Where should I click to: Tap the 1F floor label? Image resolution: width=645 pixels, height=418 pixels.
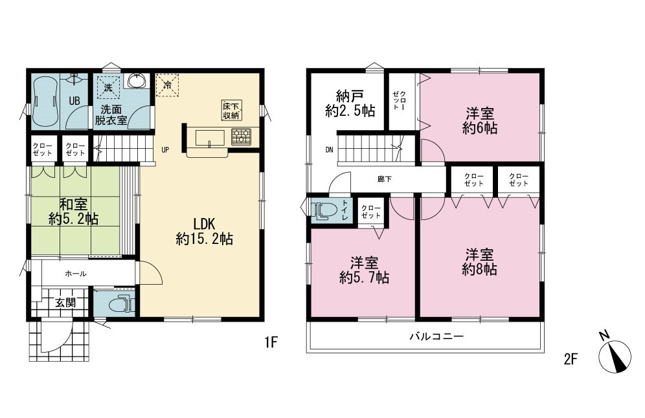coord(271,342)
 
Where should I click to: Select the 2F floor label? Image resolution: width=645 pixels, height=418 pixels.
coord(571,359)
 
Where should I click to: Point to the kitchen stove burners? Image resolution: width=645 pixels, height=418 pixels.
coord(241,137)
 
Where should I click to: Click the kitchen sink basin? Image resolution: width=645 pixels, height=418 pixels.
coord(210,138)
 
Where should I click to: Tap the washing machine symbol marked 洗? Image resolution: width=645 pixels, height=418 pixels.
coord(109,87)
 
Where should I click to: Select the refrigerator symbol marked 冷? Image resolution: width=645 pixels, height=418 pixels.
coord(168,85)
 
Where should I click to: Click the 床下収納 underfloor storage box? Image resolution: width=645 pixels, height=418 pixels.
coord(232,110)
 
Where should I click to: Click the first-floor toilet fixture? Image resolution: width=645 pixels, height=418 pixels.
coord(122,304)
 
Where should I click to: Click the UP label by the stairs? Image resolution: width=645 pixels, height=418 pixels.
coord(165,150)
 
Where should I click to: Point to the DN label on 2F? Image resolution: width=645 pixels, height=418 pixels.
coord(329,150)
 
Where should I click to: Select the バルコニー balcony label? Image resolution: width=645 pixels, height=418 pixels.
coord(436,336)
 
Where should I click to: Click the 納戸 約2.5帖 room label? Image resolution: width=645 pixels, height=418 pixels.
coord(350,104)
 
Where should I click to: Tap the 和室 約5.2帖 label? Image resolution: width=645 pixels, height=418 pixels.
coord(74,212)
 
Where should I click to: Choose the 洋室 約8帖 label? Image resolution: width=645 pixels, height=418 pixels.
coord(480,262)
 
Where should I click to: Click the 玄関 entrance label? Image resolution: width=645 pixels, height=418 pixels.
coord(65,303)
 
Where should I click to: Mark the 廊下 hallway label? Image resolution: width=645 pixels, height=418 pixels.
coord(385,179)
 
